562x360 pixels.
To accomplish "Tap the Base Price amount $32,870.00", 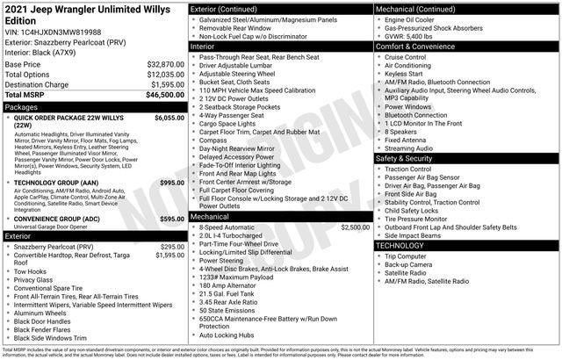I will tap(165, 65).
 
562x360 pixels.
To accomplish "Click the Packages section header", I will tap(22, 107).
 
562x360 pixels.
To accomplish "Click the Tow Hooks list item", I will tap(32, 272).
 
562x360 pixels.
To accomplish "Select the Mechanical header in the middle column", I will tap(210, 215).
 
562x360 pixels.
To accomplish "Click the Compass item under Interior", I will tap(214, 140).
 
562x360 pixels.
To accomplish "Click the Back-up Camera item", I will tap(408, 263).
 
